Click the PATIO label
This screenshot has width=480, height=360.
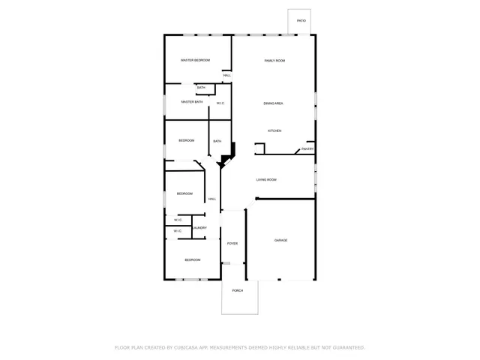click(301, 21)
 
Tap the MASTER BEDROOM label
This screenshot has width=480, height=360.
click(195, 60)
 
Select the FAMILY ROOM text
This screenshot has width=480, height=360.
click(274, 60)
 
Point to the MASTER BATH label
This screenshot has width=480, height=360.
click(192, 102)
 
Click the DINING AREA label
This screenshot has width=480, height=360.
click(273, 103)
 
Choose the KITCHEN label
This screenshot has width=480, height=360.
click(274, 131)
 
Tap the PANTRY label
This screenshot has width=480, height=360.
click(307, 148)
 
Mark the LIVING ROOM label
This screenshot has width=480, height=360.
click(266, 180)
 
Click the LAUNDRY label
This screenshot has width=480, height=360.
click(199, 228)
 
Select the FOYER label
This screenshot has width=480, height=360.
click(232, 244)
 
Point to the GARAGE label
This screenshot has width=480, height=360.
click(280, 240)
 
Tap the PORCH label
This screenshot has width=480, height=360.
click(237, 290)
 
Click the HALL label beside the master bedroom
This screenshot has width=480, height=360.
click(226, 76)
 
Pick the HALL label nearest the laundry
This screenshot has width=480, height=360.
click(212, 199)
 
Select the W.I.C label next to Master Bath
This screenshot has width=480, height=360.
click(221, 103)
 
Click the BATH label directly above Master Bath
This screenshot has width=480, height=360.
click(201, 88)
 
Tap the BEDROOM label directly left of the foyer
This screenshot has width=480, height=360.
click(193, 259)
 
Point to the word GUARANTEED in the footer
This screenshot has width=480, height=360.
click(347, 348)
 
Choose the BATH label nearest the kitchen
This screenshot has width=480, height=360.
click(217, 141)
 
